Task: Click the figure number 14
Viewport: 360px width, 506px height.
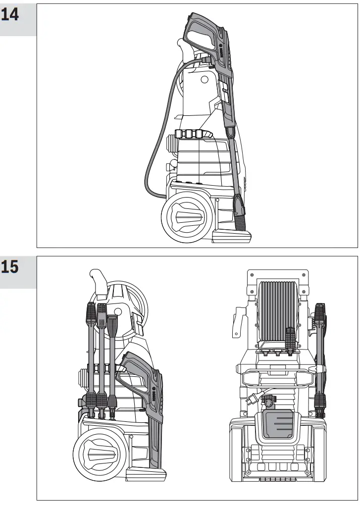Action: [x=10, y=14]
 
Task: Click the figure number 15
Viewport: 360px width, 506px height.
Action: [x=10, y=267]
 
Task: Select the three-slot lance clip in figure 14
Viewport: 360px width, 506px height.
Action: [x=189, y=135]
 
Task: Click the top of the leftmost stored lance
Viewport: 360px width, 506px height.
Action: [x=90, y=312]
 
